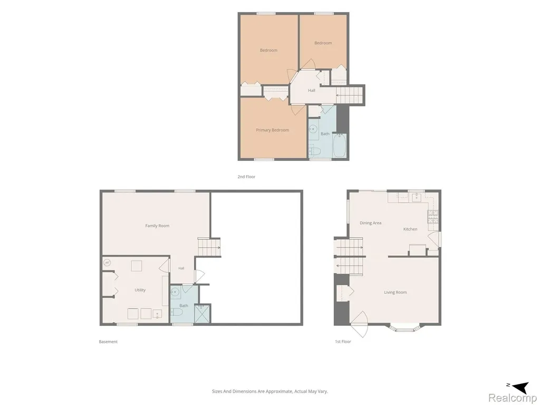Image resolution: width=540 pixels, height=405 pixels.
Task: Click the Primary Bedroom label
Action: pyautogui.click(x=273, y=130)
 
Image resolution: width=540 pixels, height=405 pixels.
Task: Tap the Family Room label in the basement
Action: pyautogui.click(x=157, y=226)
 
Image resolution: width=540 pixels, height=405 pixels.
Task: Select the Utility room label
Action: pyautogui.click(x=140, y=290)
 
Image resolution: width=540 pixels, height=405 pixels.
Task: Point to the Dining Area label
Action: pyautogui.click(x=371, y=223)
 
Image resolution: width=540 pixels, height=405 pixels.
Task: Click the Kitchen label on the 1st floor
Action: pyautogui.click(x=410, y=229)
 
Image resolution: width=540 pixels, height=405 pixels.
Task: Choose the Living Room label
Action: pyautogui.click(x=396, y=292)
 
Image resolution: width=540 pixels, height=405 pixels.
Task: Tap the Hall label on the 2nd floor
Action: pyautogui.click(x=312, y=91)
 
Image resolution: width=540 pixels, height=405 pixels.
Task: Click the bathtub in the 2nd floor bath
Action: pyautogui.click(x=340, y=146)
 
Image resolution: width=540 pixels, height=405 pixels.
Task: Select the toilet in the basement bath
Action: pyautogui.click(x=176, y=312)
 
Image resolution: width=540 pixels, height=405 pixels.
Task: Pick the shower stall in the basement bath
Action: pyautogui.click(x=202, y=313)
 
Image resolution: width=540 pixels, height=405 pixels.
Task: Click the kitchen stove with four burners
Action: pyautogui.click(x=433, y=216)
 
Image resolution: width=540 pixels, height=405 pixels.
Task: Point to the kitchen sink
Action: pyautogui.click(x=416, y=197)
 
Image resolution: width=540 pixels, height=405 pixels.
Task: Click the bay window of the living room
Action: pyautogui.click(x=404, y=327)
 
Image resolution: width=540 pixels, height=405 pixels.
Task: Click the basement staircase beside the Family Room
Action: pyautogui.click(x=209, y=247)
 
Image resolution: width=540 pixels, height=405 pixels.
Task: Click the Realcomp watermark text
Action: pyautogui.click(x=512, y=398)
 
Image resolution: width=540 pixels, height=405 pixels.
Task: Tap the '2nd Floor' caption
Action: pyautogui.click(x=246, y=177)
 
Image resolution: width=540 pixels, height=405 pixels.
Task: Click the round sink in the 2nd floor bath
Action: pyautogui.click(x=313, y=129)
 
